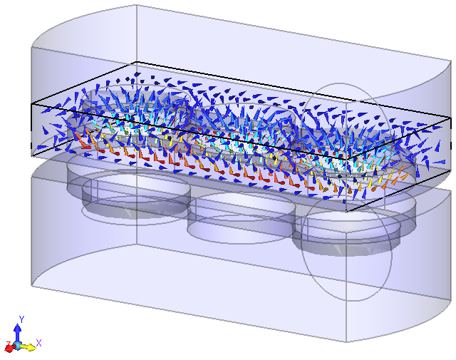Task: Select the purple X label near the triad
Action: coord(38,343)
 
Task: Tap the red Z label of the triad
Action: coord(8,345)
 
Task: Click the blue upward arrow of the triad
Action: coord(18,331)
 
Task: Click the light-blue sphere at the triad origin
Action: coord(18,346)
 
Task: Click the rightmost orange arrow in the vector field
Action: coord(390,183)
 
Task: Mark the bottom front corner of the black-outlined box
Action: coord(346,211)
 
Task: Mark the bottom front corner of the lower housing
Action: coord(347,341)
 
